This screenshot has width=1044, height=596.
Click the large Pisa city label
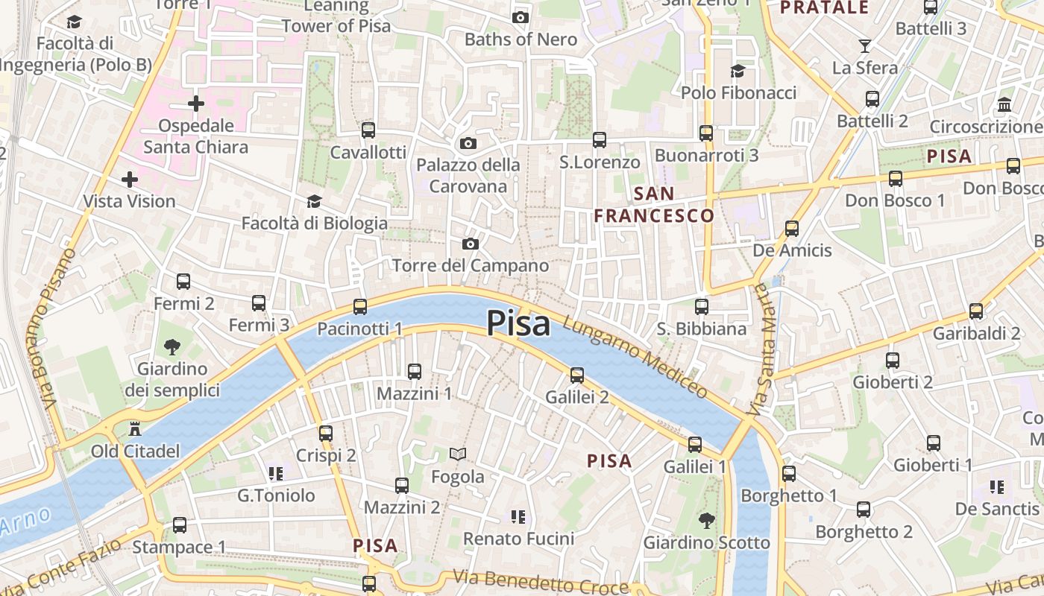coord(518,324)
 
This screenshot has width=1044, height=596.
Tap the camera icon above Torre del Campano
coord(470,244)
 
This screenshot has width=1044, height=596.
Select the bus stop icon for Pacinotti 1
coord(360,306)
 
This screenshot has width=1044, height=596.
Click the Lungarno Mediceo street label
coord(635,357)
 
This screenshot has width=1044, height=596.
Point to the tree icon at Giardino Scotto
coord(706,520)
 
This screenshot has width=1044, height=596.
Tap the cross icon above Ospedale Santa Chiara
coord(196,103)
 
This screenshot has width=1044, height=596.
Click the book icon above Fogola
coord(457,454)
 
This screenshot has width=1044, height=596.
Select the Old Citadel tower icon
coord(135,429)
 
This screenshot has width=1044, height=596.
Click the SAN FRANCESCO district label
coord(654,205)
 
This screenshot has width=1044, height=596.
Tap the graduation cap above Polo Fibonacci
coord(738,71)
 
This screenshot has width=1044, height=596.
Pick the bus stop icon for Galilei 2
coord(577,375)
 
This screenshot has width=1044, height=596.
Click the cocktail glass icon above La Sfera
coord(864,46)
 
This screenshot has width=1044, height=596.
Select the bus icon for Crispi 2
coord(326,433)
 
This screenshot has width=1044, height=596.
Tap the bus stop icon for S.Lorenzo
coord(599,139)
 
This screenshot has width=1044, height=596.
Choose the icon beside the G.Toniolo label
coord(276,473)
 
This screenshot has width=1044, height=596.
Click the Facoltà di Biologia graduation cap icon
coord(314,201)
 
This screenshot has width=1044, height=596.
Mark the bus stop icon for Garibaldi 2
coord(975,311)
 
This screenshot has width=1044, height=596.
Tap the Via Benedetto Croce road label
coord(541,582)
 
